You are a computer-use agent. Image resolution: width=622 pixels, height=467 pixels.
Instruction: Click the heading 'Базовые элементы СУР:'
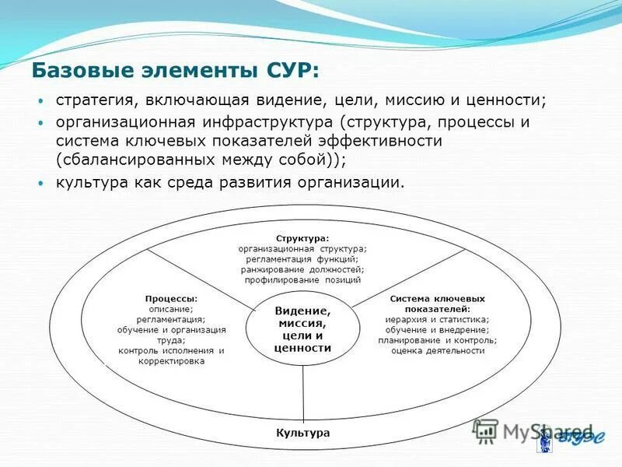pyautogui.click(x=175, y=71)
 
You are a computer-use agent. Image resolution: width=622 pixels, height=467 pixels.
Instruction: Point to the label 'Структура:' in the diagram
pyautogui.click(x=302, y=238)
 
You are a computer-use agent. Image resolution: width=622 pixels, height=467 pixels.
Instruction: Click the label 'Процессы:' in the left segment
pyautogui.click(x=171, y=298)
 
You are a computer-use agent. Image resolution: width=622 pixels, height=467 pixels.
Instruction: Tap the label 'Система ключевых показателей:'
pyautogui.click(x=437, y=304)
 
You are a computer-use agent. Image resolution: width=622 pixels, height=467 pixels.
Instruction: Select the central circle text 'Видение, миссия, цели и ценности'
pyautogui.click(x=302, y=329)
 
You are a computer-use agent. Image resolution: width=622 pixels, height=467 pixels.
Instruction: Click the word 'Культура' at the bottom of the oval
pyautogui.click(x=303, y=433)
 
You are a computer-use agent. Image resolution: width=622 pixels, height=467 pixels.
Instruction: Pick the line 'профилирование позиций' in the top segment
pyautogui.click(x=302, y=279)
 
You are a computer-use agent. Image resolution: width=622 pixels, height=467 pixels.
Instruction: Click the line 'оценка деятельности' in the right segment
pyautogui.click(x=438, y=350)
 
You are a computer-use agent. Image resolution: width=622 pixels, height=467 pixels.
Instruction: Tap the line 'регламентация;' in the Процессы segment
pyautogui.click(x=171, y=319)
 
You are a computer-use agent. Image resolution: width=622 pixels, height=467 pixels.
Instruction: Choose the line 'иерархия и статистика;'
pyautogui.click(x=437, y=319)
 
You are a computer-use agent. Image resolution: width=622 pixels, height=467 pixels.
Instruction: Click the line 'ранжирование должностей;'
pyautogui.click(x=302, y=269)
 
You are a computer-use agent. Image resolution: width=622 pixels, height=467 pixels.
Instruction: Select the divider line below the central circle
pyautogui.click(x=302, y=393)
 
